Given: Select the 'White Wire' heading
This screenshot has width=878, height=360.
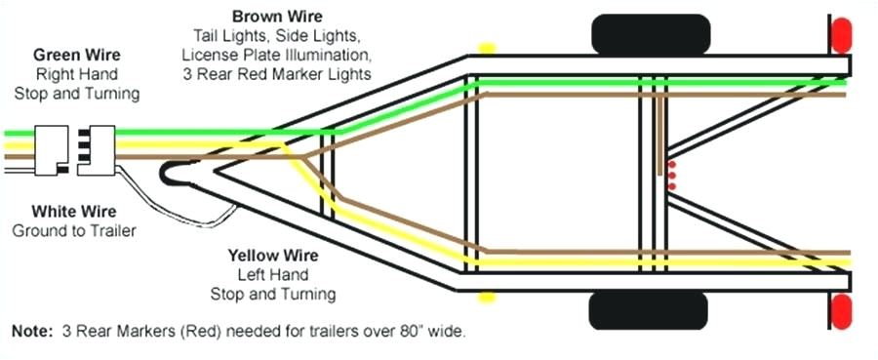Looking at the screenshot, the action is [74, 211].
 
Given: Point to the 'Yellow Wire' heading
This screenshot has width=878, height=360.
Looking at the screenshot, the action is [273, 255].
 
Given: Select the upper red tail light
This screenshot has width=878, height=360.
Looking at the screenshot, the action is [837, 37].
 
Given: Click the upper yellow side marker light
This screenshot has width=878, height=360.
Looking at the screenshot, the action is [488, 46].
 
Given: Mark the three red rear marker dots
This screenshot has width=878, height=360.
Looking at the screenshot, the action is [671, 176].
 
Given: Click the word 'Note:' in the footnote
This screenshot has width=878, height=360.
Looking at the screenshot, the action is [31, 332].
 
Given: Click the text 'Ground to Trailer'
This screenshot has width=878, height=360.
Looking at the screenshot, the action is [74, 230].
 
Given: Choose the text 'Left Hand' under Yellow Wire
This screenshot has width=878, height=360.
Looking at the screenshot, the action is [273, 274].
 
